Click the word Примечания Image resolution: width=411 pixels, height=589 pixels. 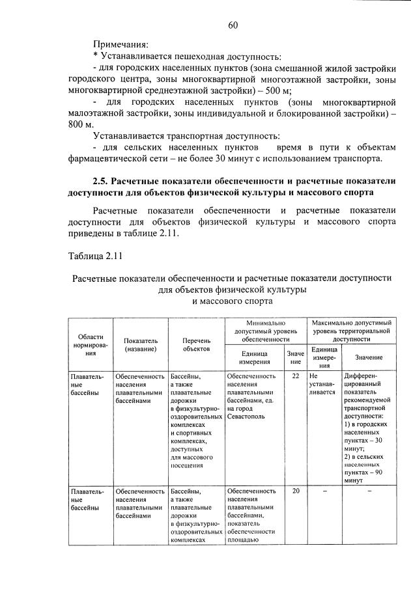(x=120, y=45)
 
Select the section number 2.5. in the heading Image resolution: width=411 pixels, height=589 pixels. (x=104, y=181)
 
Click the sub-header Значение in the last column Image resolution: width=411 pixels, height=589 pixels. (x=369, y=357)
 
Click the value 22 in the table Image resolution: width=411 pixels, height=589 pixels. (x=296, y=376)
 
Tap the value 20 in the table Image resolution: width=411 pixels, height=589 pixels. (x=296, y=491)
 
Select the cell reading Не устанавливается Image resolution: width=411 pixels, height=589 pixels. (x=323, y=384)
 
